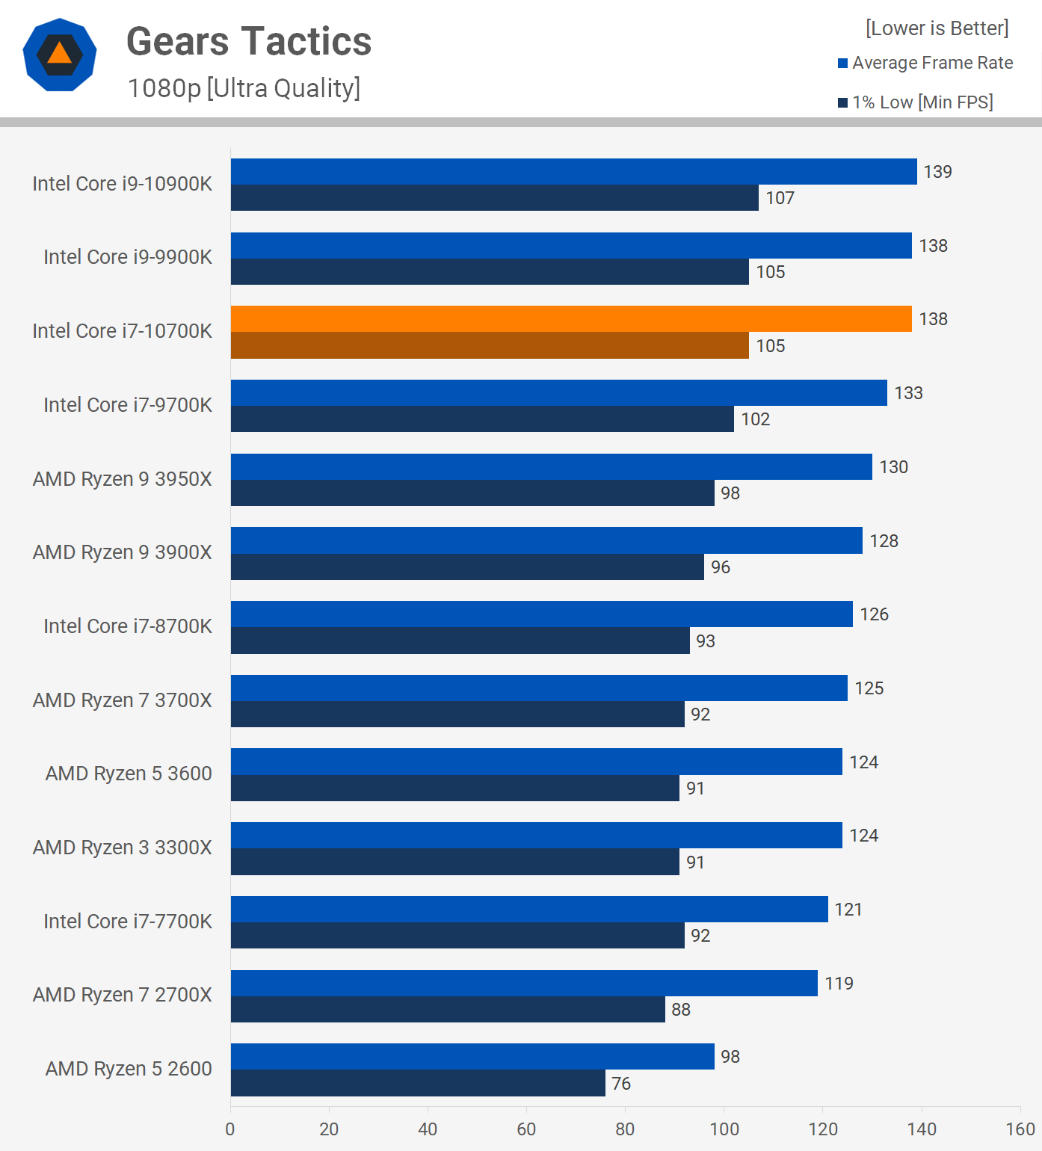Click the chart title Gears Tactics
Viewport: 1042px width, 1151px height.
pyautogui.click(x=249, y=42)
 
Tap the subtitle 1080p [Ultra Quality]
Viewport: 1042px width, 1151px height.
pyautogui.click(x=244, y=88)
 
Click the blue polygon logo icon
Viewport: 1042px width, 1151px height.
pyautogui.click(x=60, y=55)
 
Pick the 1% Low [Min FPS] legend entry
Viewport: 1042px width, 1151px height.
pyautogui.click(x=916, y=102)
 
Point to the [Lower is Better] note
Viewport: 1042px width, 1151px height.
pyautogui.click(x=937, y=28)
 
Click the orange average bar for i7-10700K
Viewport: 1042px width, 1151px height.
pyautogui.click(x=571, y=319)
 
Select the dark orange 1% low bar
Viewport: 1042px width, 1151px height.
pyautogui.click(x=490, y=345)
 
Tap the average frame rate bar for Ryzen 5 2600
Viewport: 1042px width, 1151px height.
pyautogui.click(x=472, y=1057)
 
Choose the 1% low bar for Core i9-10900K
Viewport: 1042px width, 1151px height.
pyautogui.click(x=494, y=198)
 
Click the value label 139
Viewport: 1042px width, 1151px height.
pyautogui.click(x=937, y=172)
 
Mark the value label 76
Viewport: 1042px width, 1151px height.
pyautogui.click(x=621, y=1084)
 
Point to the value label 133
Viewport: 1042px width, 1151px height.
pyautogui.click(x=908, y=393)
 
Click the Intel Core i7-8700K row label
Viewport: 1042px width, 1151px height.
pyautogui.click(x=128, y=626)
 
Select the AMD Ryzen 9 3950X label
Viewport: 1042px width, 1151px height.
pyautogui.click(x=123, y=479)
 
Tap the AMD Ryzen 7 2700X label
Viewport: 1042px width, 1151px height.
pyautogui.click(x=123, y=995)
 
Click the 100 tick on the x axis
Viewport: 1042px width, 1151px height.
pyautogui.click(x=724, y=1129)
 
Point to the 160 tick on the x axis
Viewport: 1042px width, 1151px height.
pyautogui.click(x=1020, y=1129)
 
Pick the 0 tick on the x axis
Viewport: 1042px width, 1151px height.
pyautogui.click(x=230, y=1129)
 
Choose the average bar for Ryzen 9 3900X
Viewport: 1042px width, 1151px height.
pyautogui.click(x=546, y=540)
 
